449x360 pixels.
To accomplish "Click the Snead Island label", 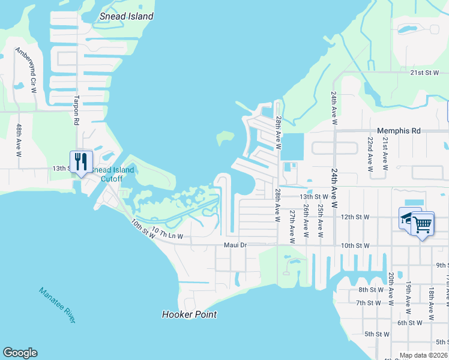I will point(126,16).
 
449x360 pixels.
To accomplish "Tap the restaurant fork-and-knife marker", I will point(81,161).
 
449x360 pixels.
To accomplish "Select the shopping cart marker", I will point(422,224).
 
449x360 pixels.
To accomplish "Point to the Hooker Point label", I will point(189,314).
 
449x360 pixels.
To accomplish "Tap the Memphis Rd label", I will point(398,131).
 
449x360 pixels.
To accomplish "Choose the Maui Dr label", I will point(235,245).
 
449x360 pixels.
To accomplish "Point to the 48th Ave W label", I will point(19,140).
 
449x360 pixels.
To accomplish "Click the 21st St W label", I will point(425,73).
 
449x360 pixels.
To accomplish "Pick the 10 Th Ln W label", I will point(167,233).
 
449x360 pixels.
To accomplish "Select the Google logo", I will point(20,353).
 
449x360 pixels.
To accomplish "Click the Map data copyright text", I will point(423,355).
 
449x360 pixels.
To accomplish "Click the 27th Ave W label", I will point(292,226).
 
